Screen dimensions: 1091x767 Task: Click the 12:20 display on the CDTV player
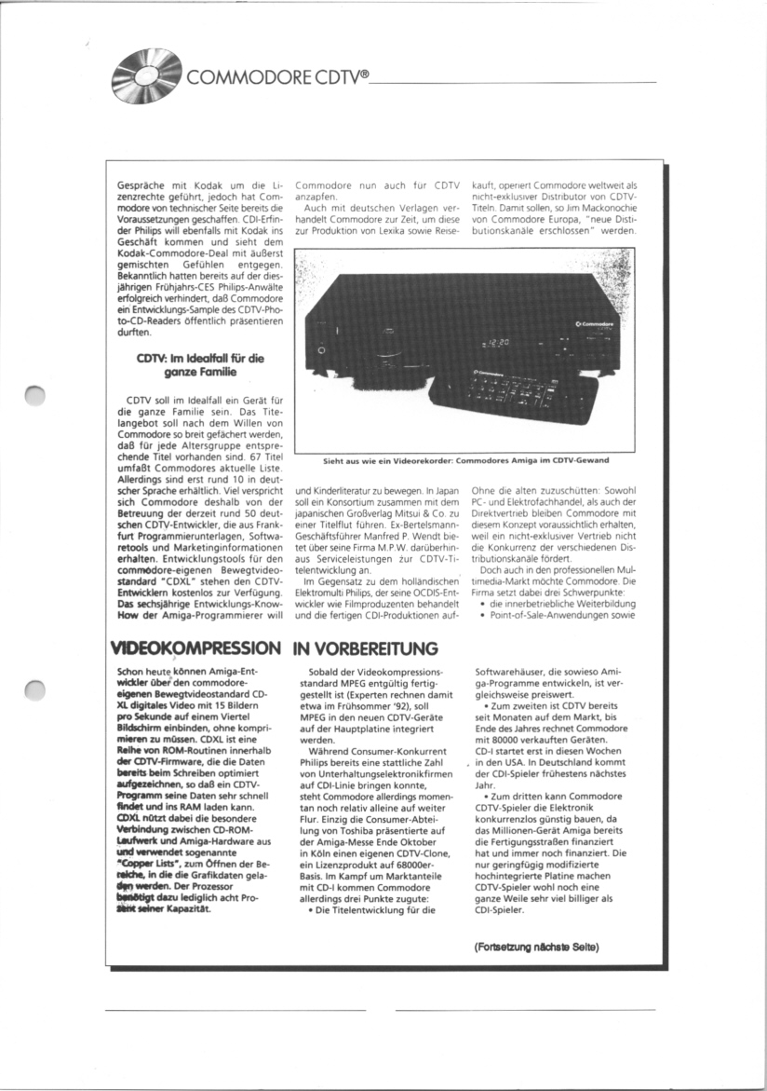502,345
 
